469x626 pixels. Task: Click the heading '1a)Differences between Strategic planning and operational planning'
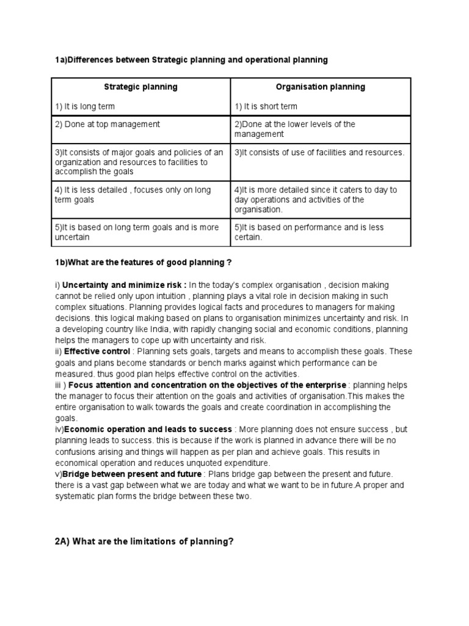click(191, 60)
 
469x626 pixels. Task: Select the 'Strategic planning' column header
click(140, 87)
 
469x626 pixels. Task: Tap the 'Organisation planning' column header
click(320, 87)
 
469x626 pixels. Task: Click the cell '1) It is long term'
click(85, 106)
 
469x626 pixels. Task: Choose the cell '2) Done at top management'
click(107, 124)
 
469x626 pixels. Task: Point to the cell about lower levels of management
click(295, 129)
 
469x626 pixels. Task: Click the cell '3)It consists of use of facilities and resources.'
click(319, 152)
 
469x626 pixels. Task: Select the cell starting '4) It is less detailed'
click(133, 195)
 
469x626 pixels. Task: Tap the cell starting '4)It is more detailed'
click(316, 200)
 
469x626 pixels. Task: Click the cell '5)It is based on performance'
click(309, 232)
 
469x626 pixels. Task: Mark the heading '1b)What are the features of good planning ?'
click(144, 262)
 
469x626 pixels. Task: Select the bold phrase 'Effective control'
click(97, 352)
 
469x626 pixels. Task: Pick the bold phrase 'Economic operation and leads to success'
click(148, 430)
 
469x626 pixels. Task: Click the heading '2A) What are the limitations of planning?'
click(145, 542)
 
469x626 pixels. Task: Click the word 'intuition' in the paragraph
click(161, 296)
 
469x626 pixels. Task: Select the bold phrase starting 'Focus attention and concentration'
click(208, 385)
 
